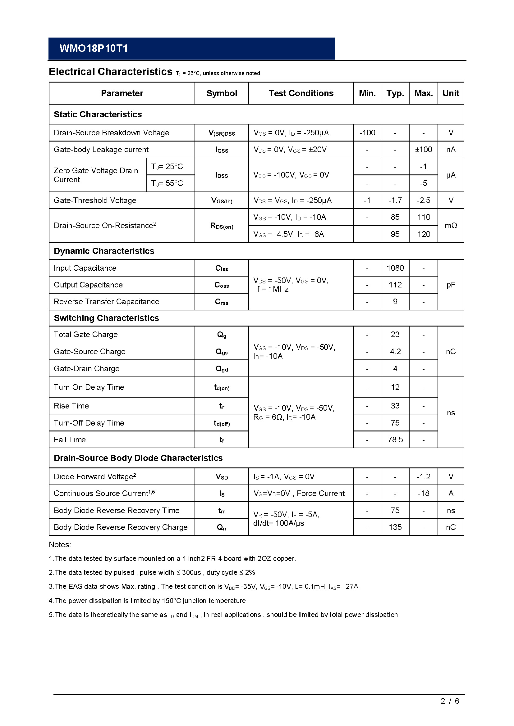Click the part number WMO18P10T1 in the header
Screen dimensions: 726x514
94,48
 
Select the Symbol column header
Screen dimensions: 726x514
222,93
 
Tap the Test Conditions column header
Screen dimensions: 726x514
301,93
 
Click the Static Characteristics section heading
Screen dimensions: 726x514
98,114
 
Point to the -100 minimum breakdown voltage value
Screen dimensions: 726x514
367,133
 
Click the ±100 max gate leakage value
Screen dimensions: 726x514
424,149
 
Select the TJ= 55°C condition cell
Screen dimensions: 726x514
167,183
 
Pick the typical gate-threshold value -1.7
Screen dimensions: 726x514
395,200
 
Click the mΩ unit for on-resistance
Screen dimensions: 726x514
451,225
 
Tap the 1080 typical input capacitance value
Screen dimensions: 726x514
395,268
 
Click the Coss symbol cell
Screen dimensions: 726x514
222,285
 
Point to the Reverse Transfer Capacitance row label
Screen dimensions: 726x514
106,302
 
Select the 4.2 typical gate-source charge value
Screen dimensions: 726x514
395,352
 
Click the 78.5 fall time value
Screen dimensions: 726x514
395,440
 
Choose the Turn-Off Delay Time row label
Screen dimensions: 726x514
89,423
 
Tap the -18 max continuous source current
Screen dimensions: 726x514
424,493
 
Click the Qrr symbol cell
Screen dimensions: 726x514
222,527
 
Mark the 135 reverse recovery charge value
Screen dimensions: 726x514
395,527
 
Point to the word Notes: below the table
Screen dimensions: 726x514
60,544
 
